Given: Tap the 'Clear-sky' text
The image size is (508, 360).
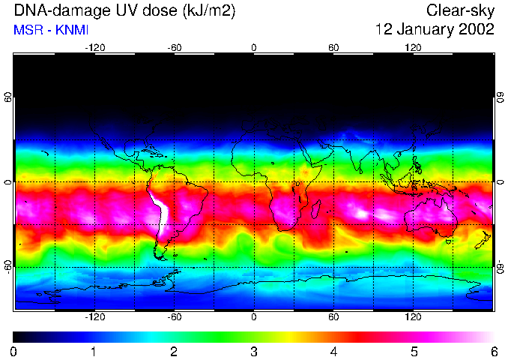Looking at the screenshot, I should (x=460, y=10).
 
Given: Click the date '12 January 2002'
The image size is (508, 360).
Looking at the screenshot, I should (x=435, y=30).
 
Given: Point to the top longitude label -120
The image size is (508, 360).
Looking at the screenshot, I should (x=94, y=47).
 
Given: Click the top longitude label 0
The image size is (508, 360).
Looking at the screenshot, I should (x=254, y=47).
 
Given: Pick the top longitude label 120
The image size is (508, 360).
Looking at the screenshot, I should (x=413, y=47).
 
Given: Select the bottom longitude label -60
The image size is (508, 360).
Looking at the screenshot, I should (x=174, y=317).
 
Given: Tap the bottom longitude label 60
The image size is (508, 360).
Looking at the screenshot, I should (x=333, y=317).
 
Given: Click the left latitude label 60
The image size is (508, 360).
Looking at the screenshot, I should (x=8, y=98).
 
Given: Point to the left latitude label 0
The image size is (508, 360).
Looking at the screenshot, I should (x=8, y=182).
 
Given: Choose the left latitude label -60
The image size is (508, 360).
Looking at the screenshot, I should (x=8, y=266).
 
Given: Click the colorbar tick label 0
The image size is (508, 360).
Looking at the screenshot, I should (x=14, y=351).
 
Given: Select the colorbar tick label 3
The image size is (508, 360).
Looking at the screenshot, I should (x=253, y=351).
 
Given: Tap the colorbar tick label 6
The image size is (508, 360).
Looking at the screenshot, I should (x=493, y=351).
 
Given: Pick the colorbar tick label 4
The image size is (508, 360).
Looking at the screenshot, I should (x=333, y=351).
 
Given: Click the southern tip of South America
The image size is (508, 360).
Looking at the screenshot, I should (x=163, y=257).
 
